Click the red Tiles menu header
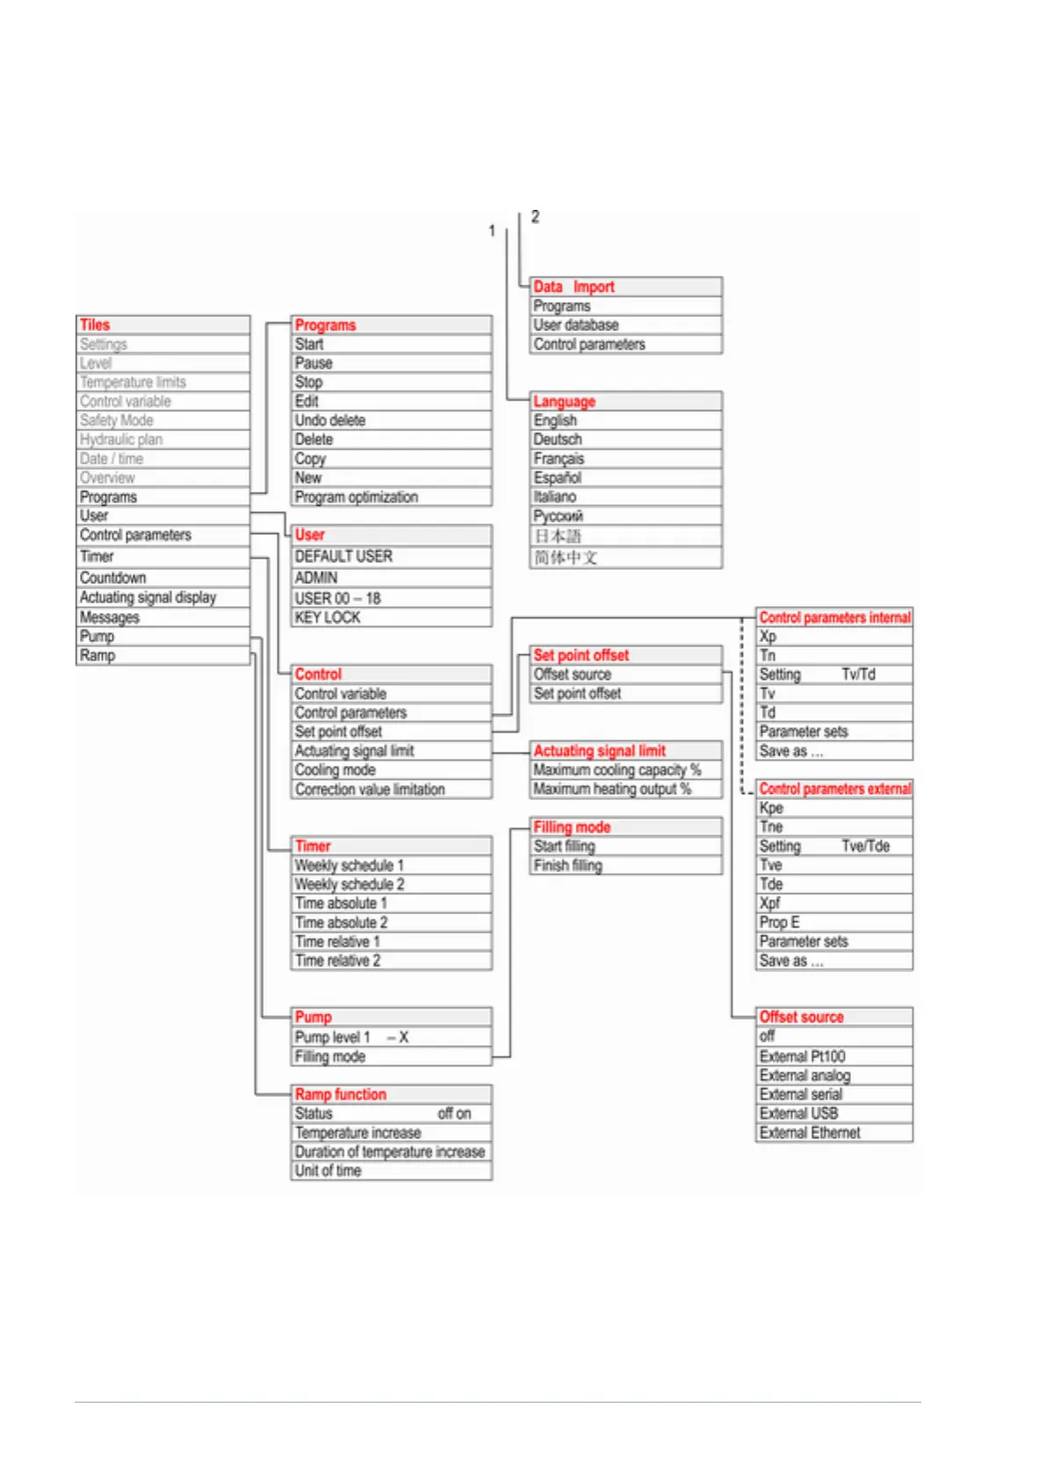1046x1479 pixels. coord(96,325)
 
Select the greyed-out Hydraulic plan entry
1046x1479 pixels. coord(121,440)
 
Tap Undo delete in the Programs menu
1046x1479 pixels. coord(330,421)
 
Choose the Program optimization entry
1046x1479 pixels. coord(357,497)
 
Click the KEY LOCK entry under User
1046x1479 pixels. coord(328,617)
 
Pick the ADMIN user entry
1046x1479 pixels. coord(316,578)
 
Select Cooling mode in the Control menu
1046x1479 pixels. coord(335,770)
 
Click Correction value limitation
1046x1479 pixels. coord(370,790)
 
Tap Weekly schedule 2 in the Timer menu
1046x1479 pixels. coord(350,884)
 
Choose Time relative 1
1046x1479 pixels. coord(337,942)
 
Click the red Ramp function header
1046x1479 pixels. coord(341,1094)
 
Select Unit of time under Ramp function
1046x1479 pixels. coord(328,1171)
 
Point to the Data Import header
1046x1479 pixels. coord(574,287)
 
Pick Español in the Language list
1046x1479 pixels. coord(558,478)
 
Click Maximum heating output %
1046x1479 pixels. coord(612,790)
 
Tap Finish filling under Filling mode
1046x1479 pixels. coord(568,866)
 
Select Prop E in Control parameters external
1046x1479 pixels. coord(780,922)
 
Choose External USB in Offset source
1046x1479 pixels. coord(798,1114)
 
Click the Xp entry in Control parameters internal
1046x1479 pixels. coord(768,637)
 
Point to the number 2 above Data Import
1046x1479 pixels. coord(535,217)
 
